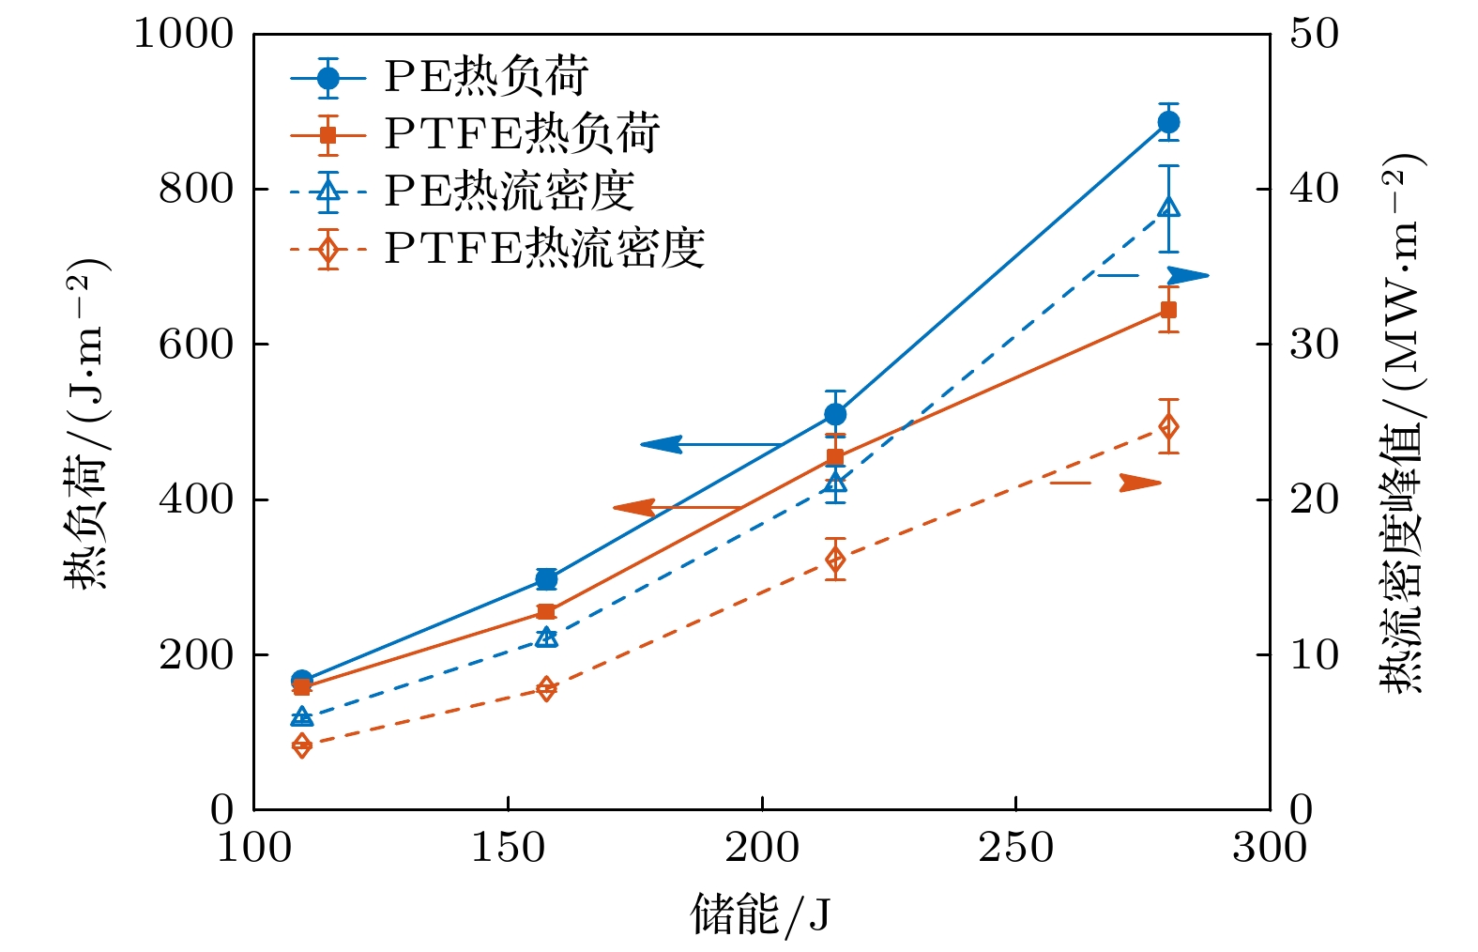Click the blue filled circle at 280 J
pyautogui.click(x=1168, y=122)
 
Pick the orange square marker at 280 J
pyautogui.click(x=1168, y=310)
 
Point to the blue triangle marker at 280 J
pyautogui.click(x=1168, y=207)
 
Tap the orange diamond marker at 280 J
pyautogui.click(x=1168, y=426)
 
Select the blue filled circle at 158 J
pyautogui.click(x=546, y=578)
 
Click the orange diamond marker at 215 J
pyautogui.click(x=835, y=560)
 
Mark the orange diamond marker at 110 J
pyautogui.click(x=302, y=745)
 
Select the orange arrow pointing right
pyautogui.click(x=1140, y=483)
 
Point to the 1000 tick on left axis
pyautogui.click(x=183, y=34)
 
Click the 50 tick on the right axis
pyautogui.click(x=1314, y=34)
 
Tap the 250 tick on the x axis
pyautogui.click(x=1016, y=848)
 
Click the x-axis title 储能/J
pyautogui.click(x=761, y=914)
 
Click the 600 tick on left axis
pyautogui.click(x=195, y=344)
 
